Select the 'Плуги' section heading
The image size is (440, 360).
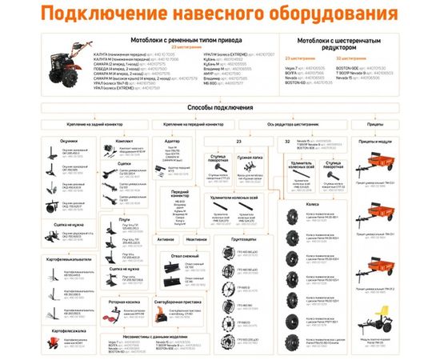click(x=122, y=218)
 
